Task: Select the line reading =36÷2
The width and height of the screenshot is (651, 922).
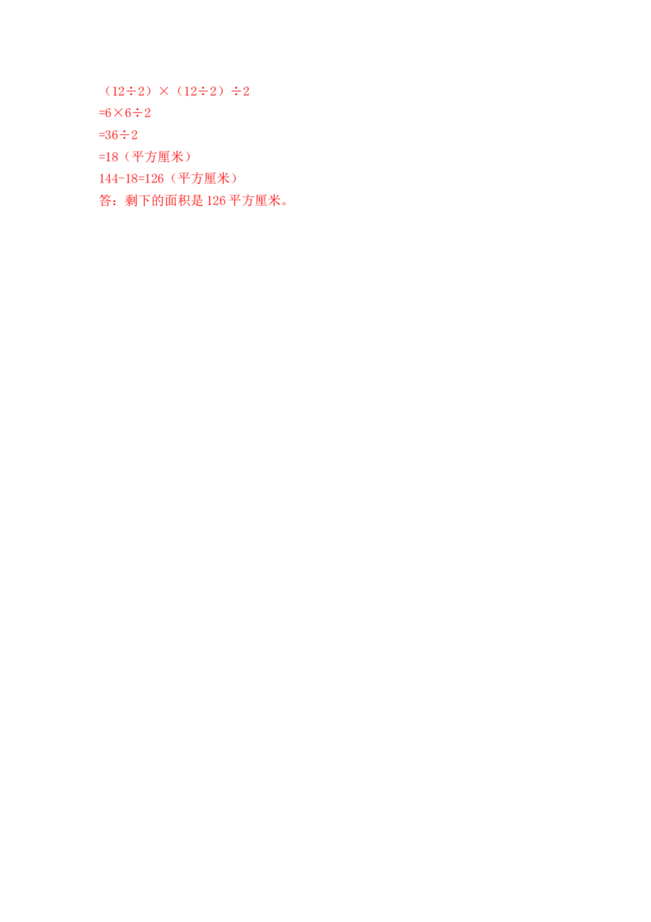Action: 119,134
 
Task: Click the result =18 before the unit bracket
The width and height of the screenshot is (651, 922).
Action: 108,156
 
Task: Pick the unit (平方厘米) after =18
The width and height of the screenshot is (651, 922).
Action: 158,156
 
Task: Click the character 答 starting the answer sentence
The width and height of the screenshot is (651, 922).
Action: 103,200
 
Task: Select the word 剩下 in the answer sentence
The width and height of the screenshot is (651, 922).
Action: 135,200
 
